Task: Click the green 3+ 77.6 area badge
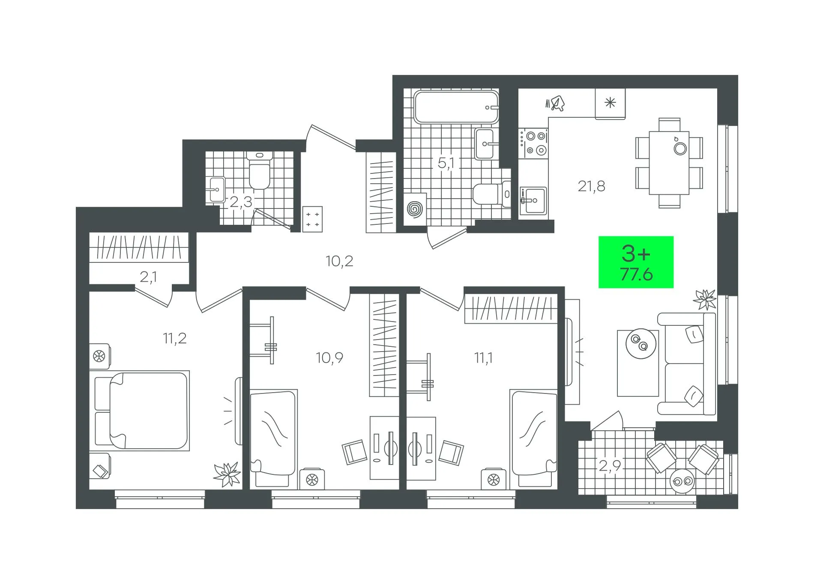(x=636, y=262)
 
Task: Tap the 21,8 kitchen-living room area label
(x=591, y=186)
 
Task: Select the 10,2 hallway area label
(x=339, y=261)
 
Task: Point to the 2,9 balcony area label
(x=610, y=465)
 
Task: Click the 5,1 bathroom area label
(x=449, y=163)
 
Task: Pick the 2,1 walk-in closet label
(x=148, y=277)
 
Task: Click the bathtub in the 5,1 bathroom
(x=456, y=107)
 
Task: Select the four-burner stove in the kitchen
(x=533, y=143)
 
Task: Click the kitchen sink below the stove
(x=533, y=200)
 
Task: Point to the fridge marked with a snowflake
(x=610, y=103)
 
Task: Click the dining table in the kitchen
(x=669, y=163)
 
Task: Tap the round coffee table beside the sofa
(x=641, y=343)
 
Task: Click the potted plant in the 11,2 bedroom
(x=227, y=474)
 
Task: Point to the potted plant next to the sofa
(x=705, y=299)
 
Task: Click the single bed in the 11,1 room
(x=533, y=438)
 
